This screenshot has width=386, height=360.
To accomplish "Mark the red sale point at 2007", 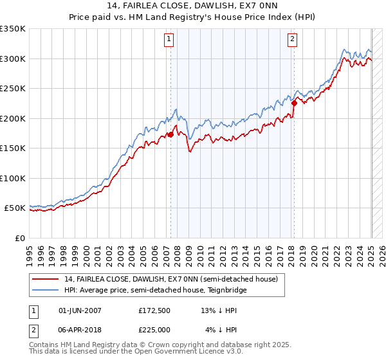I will (x=171, y=135).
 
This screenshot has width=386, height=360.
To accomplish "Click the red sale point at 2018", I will (x=294, y=103).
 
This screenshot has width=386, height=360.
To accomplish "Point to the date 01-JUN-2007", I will (x=80, y=310).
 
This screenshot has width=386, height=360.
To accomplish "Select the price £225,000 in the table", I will (x=154, y=329).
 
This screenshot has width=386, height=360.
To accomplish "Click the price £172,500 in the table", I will (x=154, y=310).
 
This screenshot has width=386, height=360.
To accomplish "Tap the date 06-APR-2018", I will (x=80, y=329).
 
